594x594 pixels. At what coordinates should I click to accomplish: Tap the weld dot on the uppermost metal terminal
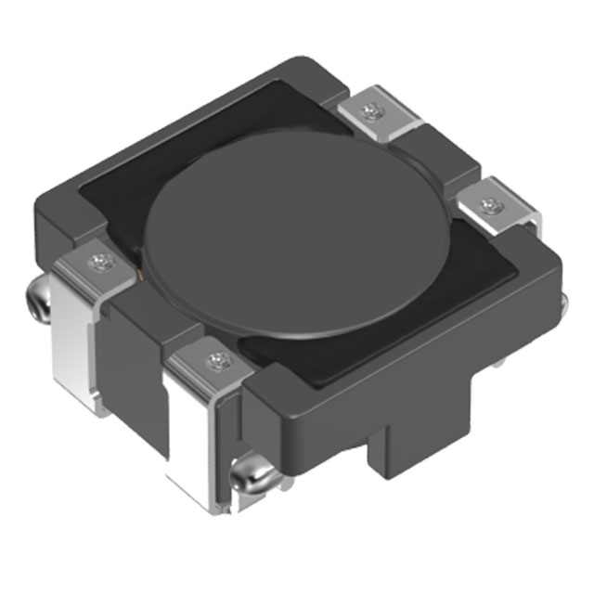pyautogui.click(x=373, y=113)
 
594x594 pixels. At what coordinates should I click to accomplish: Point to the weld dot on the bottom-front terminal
pyautogui.click(x=217, y=358)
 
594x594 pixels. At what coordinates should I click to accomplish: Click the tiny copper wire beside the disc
pyautogui.click(x=140, y=275)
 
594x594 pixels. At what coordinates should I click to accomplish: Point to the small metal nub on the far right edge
pyautogui.click(x=562, y=299)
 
